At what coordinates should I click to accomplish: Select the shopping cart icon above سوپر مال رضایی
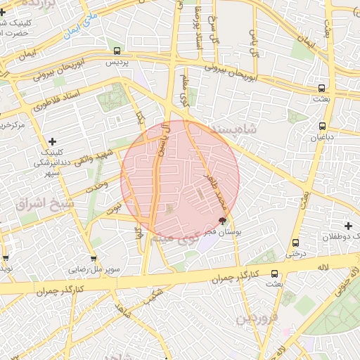(x=94, y=257)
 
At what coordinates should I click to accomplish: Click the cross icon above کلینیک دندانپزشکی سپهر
(x=52, y=141)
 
